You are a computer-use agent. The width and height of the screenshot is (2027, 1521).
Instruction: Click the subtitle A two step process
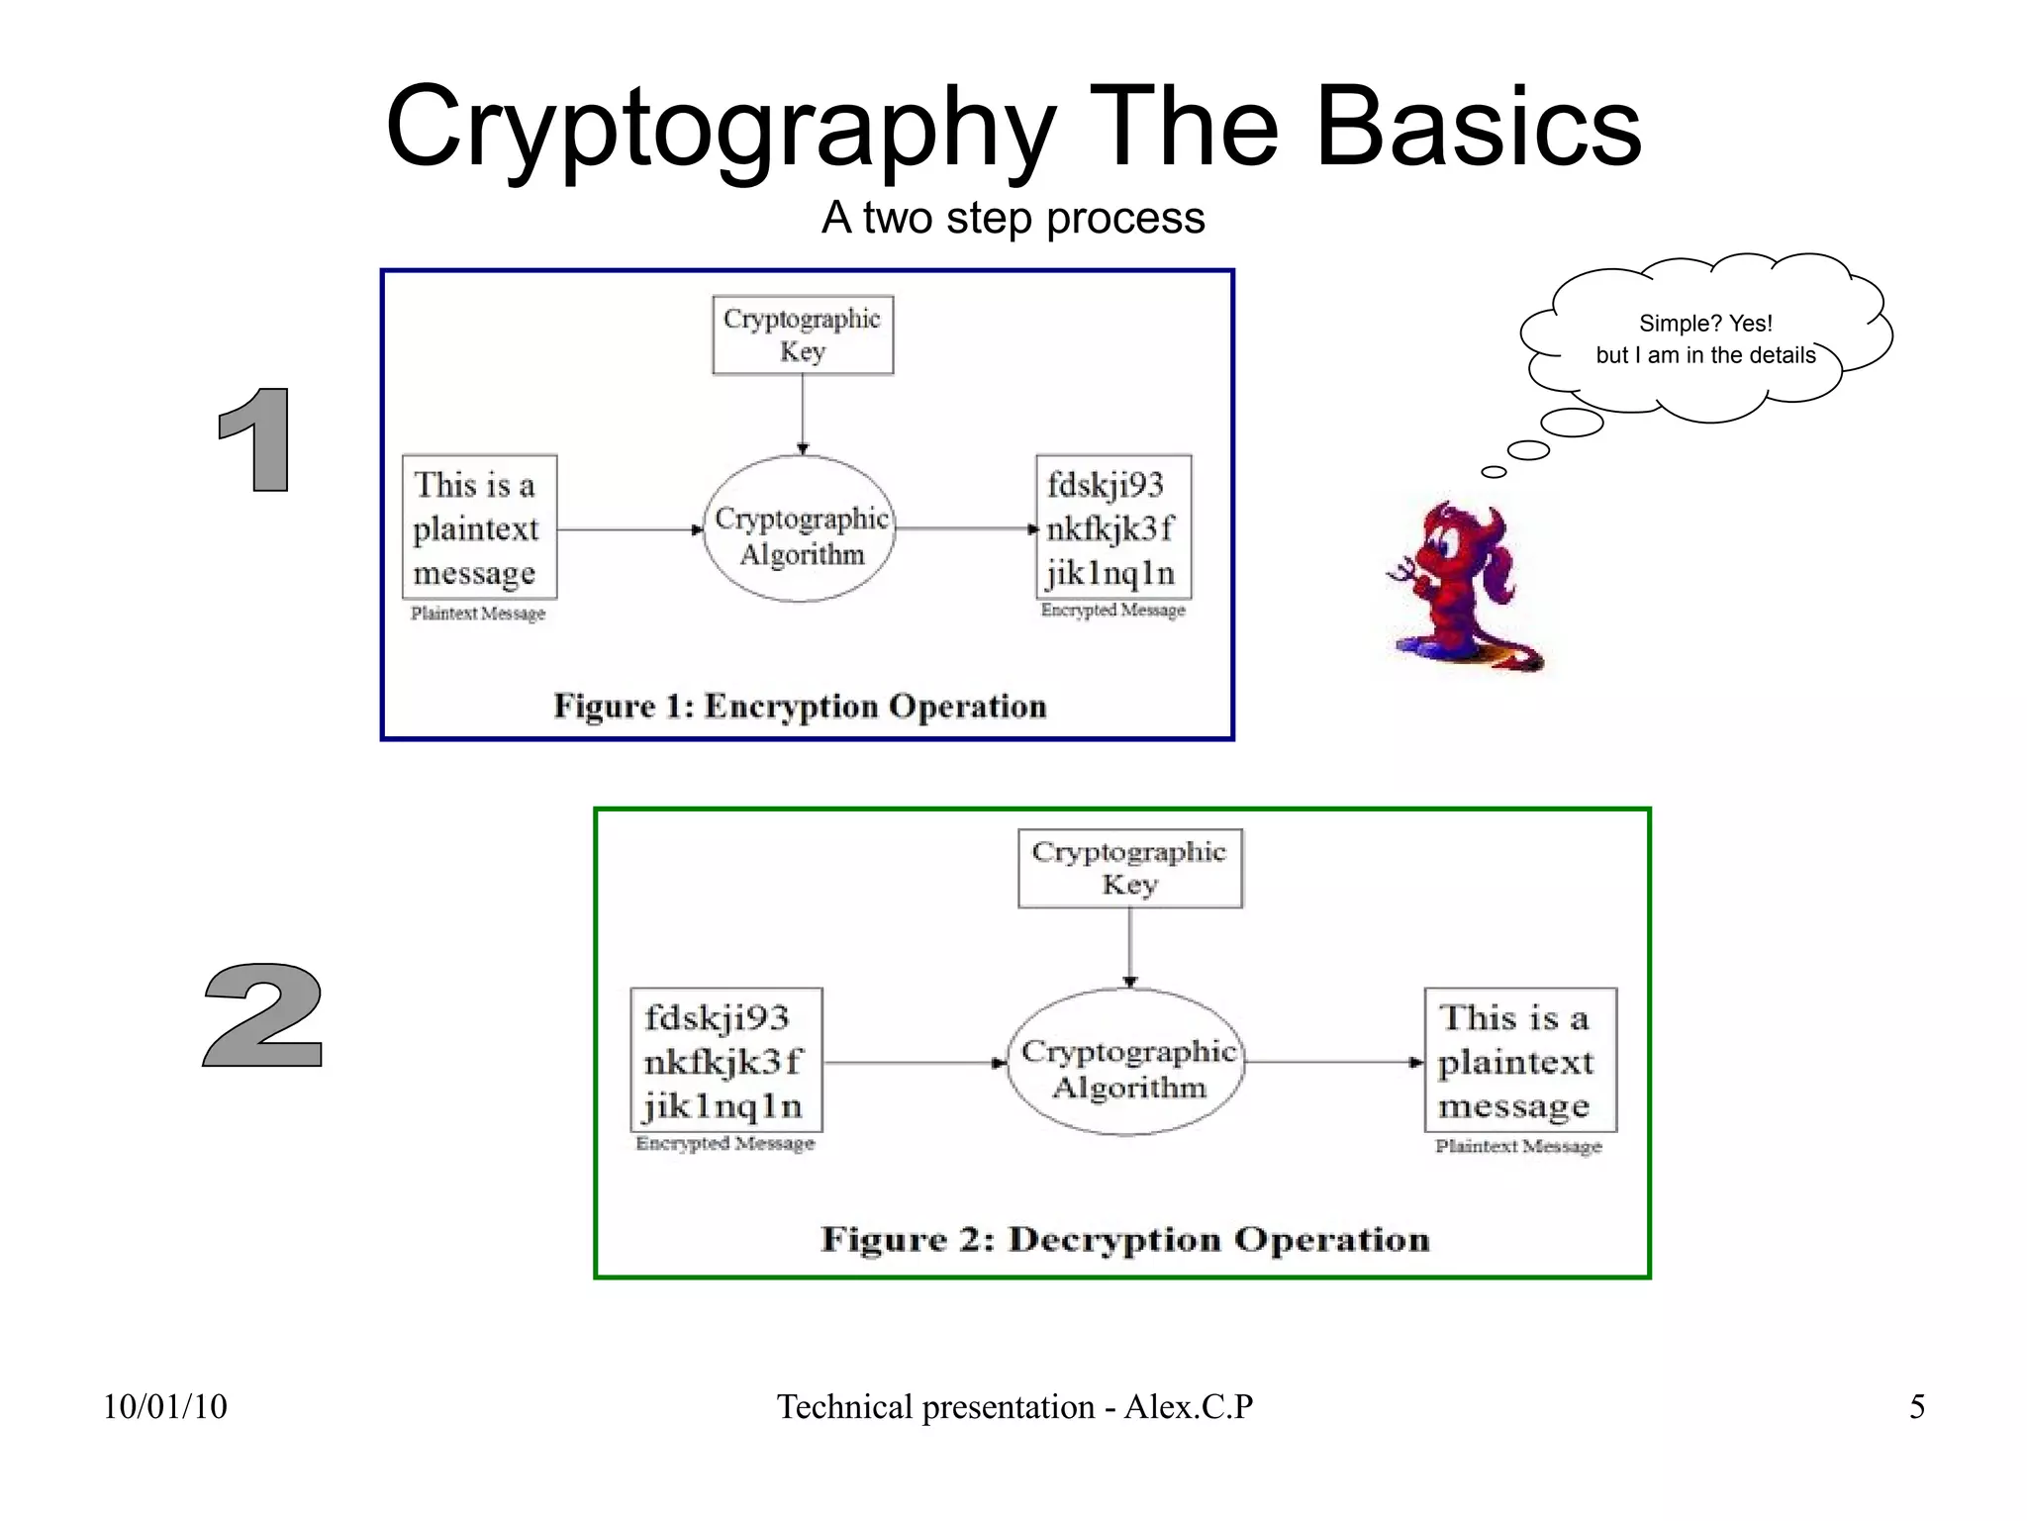tap(1013, 218)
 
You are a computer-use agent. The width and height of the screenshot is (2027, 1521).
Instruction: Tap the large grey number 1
tap(256, 439)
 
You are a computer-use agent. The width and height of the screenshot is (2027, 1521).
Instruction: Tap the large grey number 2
tap(263, 1016)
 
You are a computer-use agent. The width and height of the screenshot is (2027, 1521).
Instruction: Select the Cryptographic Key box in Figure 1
tap(803, 334)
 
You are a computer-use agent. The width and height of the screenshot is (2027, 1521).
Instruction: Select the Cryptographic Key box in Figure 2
tap(1129, 868)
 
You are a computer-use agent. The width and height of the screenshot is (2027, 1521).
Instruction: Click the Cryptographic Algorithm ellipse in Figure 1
tap(800, 530)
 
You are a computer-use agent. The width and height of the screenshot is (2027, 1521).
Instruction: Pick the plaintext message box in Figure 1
tap(479, 527)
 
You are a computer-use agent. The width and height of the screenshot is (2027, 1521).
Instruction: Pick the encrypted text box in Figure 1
tap(1112, 527)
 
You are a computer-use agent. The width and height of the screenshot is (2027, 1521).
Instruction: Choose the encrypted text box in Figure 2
tap(725, 1060)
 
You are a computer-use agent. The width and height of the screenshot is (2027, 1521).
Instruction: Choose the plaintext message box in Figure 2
tap(1519, 1060)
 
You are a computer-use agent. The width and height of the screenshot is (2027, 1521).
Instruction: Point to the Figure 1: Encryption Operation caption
tap(800, 706)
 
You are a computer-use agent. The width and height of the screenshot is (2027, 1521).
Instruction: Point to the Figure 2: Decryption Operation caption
tap(1124, 1239)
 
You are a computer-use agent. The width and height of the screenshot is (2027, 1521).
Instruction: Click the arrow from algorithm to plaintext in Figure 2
tap(1331, 1062)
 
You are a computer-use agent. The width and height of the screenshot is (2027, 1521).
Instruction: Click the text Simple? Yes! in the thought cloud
tap(1704, 324)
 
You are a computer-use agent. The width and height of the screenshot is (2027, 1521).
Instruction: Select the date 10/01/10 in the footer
tap(165, 1406)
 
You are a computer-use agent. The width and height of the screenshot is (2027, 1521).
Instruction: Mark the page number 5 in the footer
tap(1916, 1406)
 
